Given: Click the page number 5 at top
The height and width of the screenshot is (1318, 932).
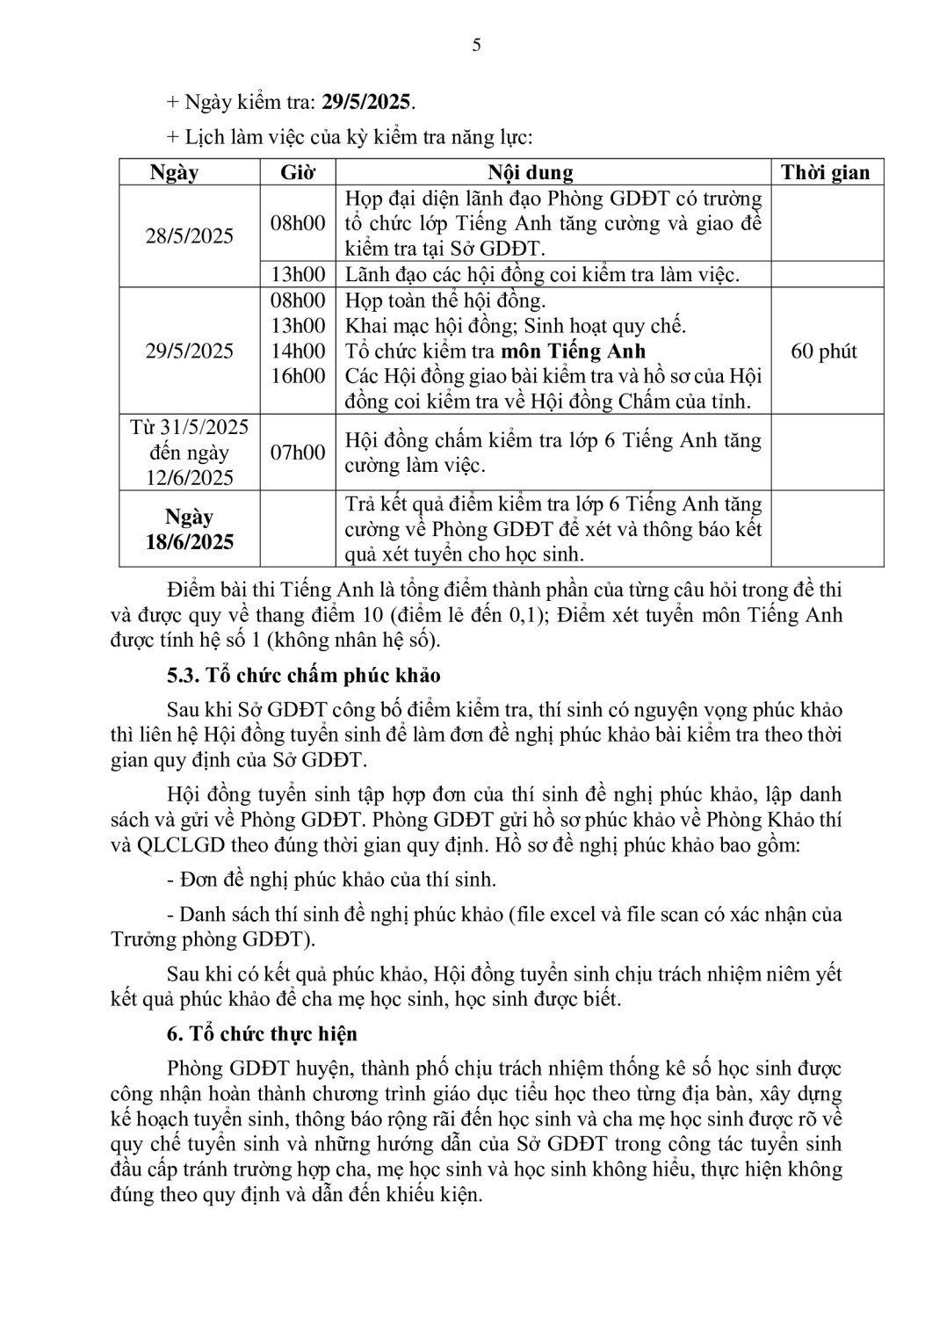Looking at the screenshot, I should (476, 46).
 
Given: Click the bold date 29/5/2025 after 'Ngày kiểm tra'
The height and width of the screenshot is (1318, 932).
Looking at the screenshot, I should (365, 102).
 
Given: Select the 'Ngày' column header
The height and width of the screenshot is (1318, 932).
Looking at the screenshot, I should (174, 172).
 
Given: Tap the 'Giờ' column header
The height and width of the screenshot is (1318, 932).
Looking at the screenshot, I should (298, 172).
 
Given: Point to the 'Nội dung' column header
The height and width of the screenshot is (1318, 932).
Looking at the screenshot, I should (531, 172).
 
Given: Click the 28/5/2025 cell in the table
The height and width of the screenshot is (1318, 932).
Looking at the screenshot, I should (190, 235).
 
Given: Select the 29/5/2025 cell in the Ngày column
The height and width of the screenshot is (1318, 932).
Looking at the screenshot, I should (190, 351).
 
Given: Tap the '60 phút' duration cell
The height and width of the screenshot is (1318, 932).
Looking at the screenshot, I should (824, 351).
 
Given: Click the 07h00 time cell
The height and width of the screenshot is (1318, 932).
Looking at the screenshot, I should (298, 453).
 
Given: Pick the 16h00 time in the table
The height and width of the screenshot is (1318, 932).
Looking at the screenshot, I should (298, 376).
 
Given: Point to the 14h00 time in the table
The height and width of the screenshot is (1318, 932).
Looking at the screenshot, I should (298, 351).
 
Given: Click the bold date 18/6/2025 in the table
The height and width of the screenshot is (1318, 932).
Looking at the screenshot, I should (190, 542).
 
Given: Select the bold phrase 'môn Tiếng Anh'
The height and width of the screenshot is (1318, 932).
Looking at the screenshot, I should (573, 351).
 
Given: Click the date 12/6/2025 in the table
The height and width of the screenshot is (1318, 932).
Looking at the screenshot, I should (190, 478).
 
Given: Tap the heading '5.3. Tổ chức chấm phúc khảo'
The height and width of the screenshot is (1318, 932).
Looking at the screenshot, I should (304, 676).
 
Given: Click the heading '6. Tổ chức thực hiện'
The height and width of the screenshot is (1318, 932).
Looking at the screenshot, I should (262, 1034).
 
